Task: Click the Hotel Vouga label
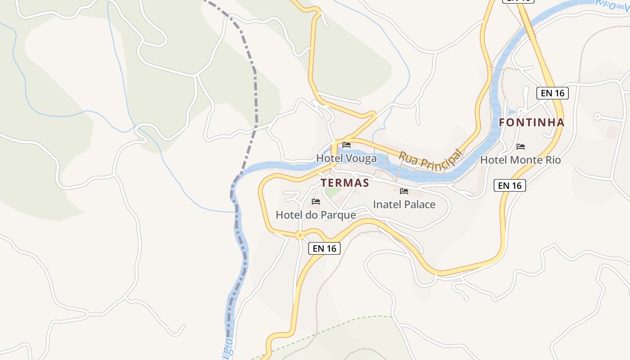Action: click(x=346, y=158)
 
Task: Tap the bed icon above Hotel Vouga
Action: click(x=346, y=145)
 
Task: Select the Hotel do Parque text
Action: click(x=315, y=215)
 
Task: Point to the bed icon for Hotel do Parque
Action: click(x=316, y=202)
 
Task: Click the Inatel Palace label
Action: click(x=404, y=205)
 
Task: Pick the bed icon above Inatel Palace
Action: click(x=404, y=191)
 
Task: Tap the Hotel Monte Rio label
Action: click(x=521, y=160)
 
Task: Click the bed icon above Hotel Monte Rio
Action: click(x=521, y=147)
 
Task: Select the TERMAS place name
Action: click(x=345, y=183)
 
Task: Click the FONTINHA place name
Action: click(x=531, y=122)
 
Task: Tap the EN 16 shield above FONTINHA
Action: click(x=553, y=93)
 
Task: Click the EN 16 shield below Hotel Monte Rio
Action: click(x=510, y=185)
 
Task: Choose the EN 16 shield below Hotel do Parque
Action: click(x=324, y=248)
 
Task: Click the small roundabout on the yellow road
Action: click(x=300, y=235)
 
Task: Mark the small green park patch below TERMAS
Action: click(x=333, y=193)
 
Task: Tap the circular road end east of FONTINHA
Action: click(x=598, y=117)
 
